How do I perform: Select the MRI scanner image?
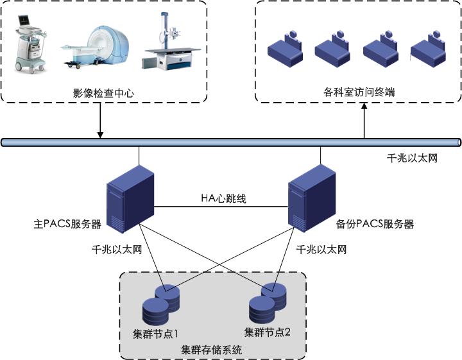click(x=96, y=46)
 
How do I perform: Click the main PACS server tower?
click(x=128, y=198)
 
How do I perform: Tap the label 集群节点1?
click(x=151, y=334)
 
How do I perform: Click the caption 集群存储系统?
click(x=212, y=350)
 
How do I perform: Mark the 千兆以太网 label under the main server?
click(x=116, y=250)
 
